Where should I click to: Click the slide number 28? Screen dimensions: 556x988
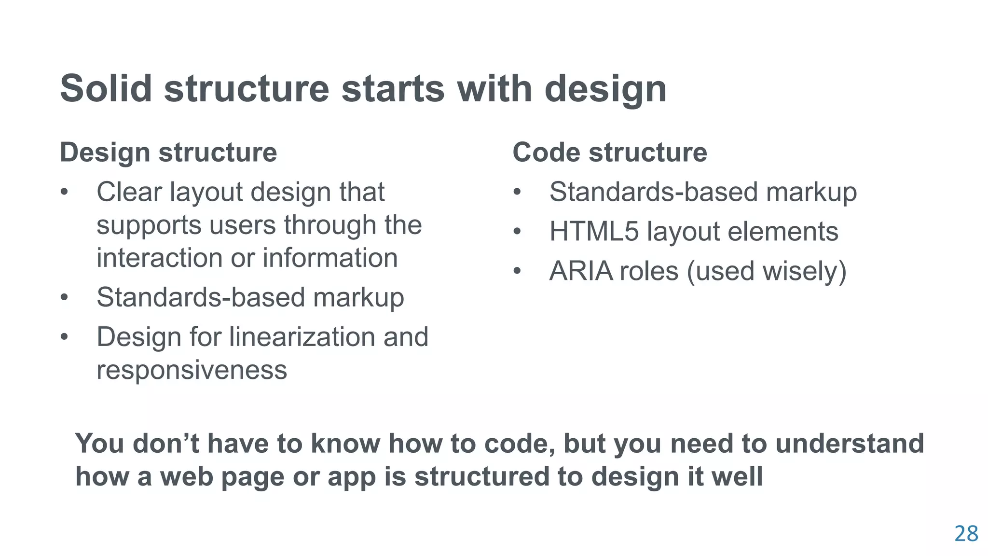click(966, 534)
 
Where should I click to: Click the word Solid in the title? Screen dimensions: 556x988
click(106, 88)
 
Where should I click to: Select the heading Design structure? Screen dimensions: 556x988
click(168, 153)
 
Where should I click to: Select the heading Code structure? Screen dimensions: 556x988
click(609, 153)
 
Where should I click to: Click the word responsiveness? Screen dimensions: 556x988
click(192, 370)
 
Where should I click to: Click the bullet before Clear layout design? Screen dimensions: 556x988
click(65, 192)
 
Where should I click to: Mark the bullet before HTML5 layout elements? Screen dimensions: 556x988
click(517, 232)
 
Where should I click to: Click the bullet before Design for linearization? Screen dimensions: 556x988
click(65, 337)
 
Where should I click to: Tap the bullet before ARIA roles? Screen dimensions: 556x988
click(517, 271)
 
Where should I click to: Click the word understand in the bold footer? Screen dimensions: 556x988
click(849, 443)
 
